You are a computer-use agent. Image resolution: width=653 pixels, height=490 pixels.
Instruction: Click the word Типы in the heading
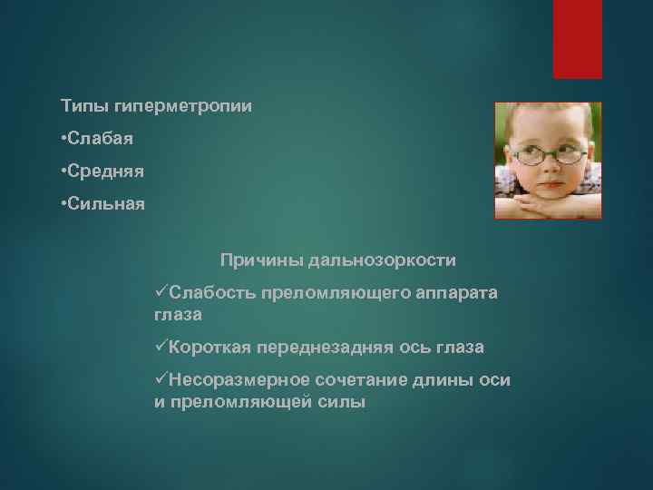click(83, 107)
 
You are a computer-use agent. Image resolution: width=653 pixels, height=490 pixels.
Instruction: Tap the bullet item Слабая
click(101, 139)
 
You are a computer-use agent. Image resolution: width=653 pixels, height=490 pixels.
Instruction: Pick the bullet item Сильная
click(106, 202)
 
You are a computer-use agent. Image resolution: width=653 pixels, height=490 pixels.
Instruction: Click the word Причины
click(261, 260)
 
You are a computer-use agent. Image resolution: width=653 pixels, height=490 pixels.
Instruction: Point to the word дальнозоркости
click(382, 260)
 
